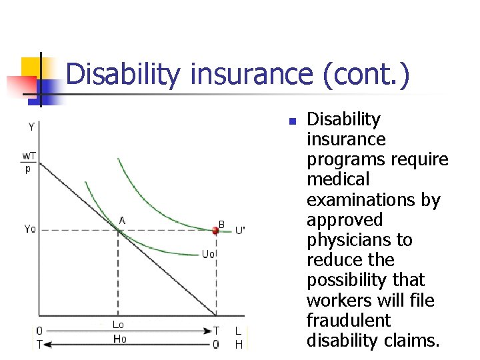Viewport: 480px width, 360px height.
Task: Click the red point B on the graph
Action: pyautogui.click(x=215, y=230)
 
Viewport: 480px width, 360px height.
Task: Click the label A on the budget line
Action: pyautogui.click(x=122, y=220)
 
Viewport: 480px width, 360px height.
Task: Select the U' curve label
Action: pyautogui.click(x=239, y=230)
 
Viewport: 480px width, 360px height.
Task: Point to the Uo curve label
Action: pyautogui.click(x=208, y=254)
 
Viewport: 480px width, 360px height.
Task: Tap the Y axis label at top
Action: pyautogui.click(x=31, y=127)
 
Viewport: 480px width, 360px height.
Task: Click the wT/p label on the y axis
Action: pyautogui.click(x=29, y=162)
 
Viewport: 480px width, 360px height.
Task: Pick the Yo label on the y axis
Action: pyautogui.click(x=30, y=229)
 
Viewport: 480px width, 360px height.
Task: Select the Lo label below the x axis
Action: pyautogui.click(x=118, y=325)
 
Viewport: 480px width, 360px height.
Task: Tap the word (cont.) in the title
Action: pyautogui.click(x=365, y=74)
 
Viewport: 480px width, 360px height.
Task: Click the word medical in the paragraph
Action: pyautogui.click(x=338, y=179)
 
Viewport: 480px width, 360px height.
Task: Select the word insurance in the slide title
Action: pyautogui.click(x=251, y=74)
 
